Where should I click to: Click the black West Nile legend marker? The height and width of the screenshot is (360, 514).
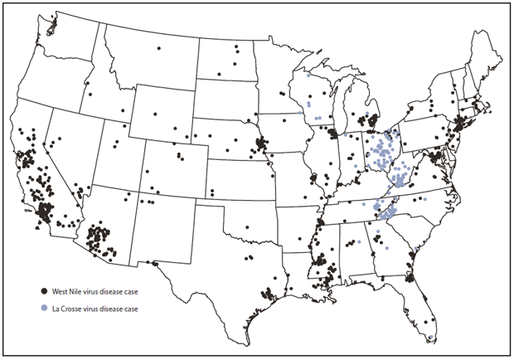(x=43, y=292)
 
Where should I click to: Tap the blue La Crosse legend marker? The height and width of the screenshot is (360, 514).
(x=43, y=309)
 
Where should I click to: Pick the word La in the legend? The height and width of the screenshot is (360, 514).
(x=56, y=309)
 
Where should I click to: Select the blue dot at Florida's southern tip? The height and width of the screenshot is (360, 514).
(x=431, y=337)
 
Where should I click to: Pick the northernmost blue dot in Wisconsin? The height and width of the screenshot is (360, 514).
(x=308, y=75)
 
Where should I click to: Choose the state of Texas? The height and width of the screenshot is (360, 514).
(x=232, y=257)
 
